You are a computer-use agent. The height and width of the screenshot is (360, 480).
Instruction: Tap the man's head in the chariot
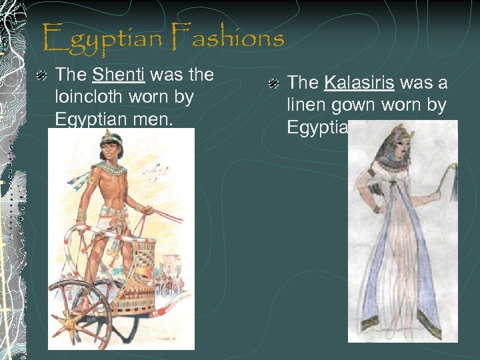(x=108, y=145)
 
